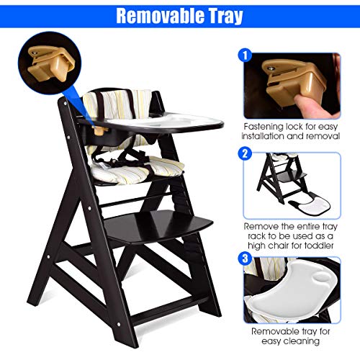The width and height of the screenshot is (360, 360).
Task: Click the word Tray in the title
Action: click(x=223, y=15)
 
